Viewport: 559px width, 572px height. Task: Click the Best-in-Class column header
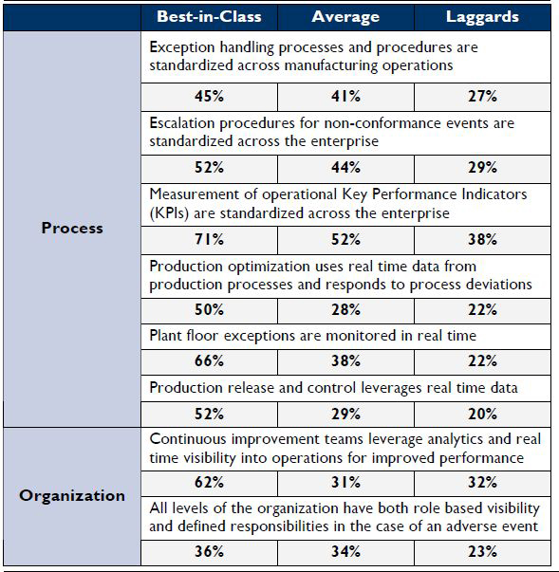pos(209,17)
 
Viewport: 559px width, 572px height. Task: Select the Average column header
pos(345,17)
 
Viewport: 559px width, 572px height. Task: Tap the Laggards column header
pos(482,17)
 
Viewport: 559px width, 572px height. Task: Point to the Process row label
pos(72,228)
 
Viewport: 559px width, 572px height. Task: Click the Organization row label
pos(72,496)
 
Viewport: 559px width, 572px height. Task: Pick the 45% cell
pos(209,97)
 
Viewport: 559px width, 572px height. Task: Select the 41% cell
pos(345,97)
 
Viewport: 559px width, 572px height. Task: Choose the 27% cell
pos(482,97)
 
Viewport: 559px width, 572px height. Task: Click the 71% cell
pos(209,240)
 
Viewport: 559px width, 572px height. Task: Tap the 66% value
pos(209,361)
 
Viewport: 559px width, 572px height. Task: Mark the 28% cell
pos(345,310)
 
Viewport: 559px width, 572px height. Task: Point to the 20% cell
pos(482,414)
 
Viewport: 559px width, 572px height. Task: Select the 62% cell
pos(209,483)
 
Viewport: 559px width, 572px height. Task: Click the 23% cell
pos(482,551)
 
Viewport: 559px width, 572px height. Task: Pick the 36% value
pos(209,551)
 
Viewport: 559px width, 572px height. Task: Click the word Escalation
pos(181,123)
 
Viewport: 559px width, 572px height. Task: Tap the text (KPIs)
pos(169,213)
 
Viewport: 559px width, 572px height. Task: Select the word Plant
pos(165,336)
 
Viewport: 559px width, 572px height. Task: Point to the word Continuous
pos(188,439)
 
